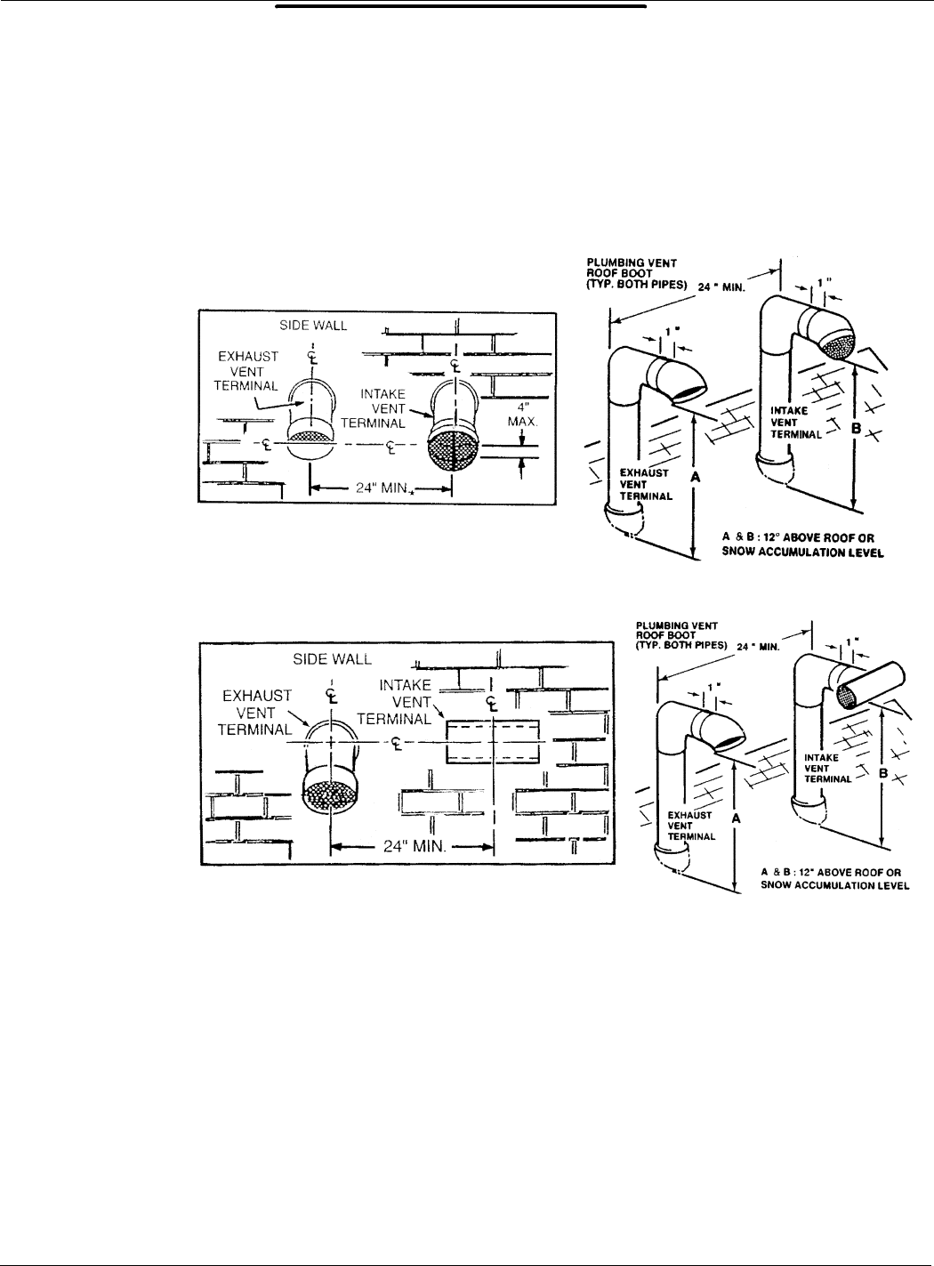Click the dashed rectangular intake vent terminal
tap(491, 742)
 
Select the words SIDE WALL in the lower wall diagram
tap(333, 659)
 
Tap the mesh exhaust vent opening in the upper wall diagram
tap(310, 438)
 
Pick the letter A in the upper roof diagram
tap(696, 477)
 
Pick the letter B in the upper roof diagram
tap(857, 428)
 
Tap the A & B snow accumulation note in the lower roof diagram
tap(835, 879)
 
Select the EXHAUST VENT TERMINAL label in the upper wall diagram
tap(248, 370)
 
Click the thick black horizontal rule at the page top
tap(460, 6)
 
